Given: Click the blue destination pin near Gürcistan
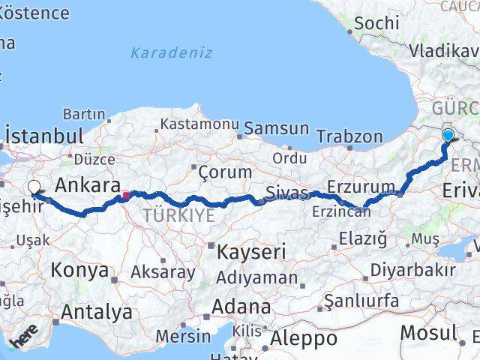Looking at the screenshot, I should [448, 135].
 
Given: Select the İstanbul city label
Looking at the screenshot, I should [43, 136].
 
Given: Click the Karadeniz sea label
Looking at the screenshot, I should [171, 53].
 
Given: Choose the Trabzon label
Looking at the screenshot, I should [349, 136].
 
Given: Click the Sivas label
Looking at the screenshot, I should [287, 193].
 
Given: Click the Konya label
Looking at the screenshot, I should [79, 271].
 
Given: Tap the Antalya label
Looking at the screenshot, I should [97, 311].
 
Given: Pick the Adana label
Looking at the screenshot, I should [241, 307].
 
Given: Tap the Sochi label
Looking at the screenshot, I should [376, 23].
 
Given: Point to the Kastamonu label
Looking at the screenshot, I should [199, 123].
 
